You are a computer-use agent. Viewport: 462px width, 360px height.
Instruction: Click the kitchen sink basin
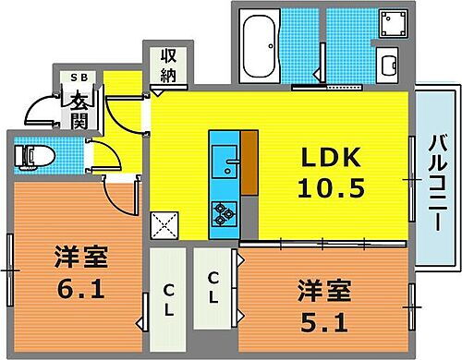[x=225, y=167]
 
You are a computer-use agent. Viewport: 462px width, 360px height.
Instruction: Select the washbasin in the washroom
[x=389, y=66]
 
